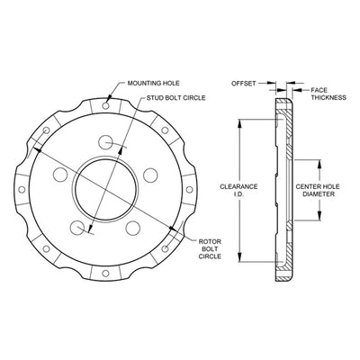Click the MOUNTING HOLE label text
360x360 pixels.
click(x=153, y=83)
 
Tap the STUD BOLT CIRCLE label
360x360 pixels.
click(x=176, y=98)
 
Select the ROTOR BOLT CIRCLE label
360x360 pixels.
click(x=210, y=249)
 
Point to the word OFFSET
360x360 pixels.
click(x=243, y=84)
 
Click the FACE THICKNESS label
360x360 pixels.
click(x=328, y=94)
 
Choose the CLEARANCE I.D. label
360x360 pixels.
click(x=238, y=190)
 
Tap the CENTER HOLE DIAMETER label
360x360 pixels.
click(x=318, y=190)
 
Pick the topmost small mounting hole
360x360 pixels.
click(x=105, y=105)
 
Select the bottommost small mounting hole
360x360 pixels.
click(x=105, y=274)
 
